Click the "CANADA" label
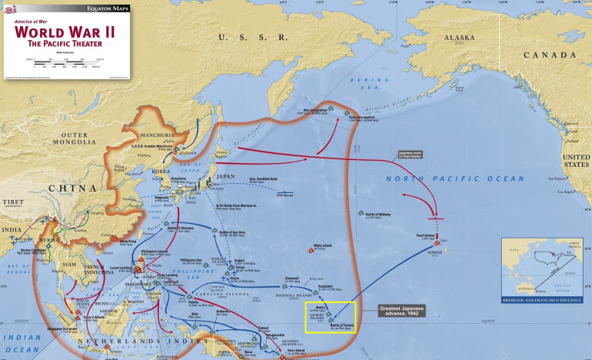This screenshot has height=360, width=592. click(549, 55)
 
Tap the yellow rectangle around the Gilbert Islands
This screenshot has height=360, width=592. click(331, 316)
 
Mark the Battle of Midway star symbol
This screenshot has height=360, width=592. click(360, 213)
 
